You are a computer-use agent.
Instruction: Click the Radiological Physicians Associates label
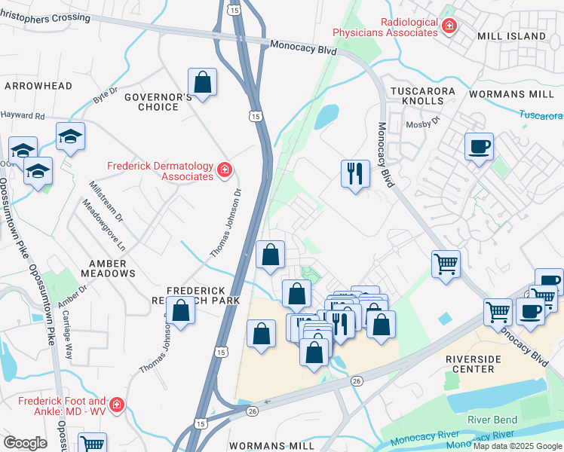tap(386, 27)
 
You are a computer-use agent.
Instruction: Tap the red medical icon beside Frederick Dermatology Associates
tap(224, 172)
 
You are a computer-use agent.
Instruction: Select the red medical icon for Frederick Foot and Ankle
tap(116, 407)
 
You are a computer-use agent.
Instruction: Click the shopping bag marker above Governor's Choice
tap(203, 83)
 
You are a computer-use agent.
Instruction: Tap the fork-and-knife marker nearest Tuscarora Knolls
tap(354, 174)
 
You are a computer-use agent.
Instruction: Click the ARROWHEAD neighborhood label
tap(32, 87)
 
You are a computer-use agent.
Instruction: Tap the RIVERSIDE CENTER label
tap(480, 364)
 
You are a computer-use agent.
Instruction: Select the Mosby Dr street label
tap(422, 124)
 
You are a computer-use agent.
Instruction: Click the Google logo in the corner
tap(25, 442)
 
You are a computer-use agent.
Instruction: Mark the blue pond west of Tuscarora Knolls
tap(326, 117)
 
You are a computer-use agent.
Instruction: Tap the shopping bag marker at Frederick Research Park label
tap(181, 310)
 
